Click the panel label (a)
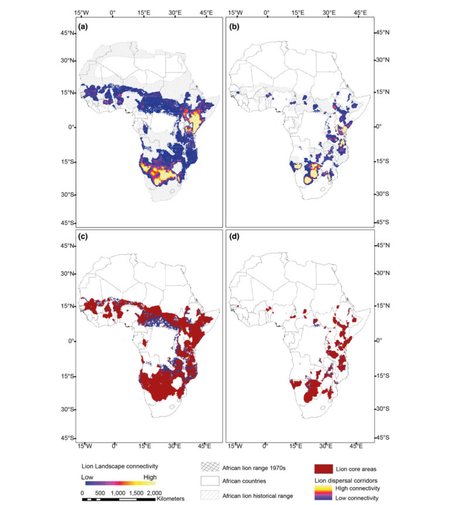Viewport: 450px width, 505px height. pos(83,27)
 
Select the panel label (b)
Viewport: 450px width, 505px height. pos(234,27)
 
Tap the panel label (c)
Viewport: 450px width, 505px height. pos(83,237)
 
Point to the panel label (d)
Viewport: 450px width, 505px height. pos(234,237)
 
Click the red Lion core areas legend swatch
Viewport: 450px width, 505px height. pos(323,469)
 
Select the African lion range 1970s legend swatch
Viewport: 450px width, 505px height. pos(210,467)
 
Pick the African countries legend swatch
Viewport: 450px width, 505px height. pos(210,481)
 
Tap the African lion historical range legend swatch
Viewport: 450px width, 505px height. pos(210,496)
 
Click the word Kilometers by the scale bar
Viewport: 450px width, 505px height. pos(171,499)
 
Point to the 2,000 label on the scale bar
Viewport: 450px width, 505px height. pos(154,493)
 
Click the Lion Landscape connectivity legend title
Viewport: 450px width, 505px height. pos(120,466)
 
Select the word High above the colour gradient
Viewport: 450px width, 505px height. pos(150,477)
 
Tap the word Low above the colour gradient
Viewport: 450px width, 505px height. pos(87,477)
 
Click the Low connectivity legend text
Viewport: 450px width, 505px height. pos(357,498)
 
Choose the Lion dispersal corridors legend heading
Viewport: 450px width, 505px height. pos(346,480)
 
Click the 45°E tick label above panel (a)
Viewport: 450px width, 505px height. pos(206,12)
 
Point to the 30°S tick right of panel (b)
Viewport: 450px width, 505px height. pos(383,194)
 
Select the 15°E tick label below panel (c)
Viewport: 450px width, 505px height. pos(145,446)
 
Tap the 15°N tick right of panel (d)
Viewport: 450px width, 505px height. pos(383,305)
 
